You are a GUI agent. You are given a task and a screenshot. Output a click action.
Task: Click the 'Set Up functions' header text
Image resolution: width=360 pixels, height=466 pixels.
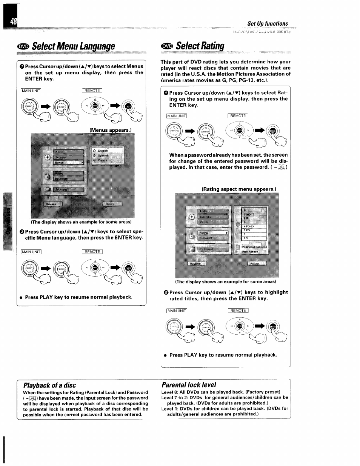click(267, 24)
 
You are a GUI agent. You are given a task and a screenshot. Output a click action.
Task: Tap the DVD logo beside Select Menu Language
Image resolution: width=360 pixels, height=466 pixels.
click(23, 46)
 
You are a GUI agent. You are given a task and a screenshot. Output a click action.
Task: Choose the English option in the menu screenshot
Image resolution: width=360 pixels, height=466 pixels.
click(103, 151)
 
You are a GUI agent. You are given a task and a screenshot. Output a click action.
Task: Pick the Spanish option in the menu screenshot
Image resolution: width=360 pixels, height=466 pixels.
click(103, 155)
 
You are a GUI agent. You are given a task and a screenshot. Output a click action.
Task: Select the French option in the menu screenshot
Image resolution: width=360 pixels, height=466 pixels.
click(102, 160)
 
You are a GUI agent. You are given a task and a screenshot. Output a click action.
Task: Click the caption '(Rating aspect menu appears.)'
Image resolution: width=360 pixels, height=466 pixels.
click(238, 189)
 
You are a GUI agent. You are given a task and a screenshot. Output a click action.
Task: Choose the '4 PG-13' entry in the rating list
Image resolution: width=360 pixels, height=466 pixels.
click(249, 226)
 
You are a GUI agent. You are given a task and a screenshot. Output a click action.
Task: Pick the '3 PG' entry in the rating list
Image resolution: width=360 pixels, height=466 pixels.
click(247, 230)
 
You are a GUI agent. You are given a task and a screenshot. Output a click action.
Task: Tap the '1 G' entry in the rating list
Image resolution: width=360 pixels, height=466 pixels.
click(246, 238)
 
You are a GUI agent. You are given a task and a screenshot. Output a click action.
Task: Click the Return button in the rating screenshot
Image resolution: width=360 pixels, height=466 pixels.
click(257, 263)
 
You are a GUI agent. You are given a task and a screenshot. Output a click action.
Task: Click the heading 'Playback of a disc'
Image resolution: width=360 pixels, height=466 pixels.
click(49, 385)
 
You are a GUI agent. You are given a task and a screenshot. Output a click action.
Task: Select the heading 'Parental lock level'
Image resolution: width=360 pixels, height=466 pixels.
click(189, 385)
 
